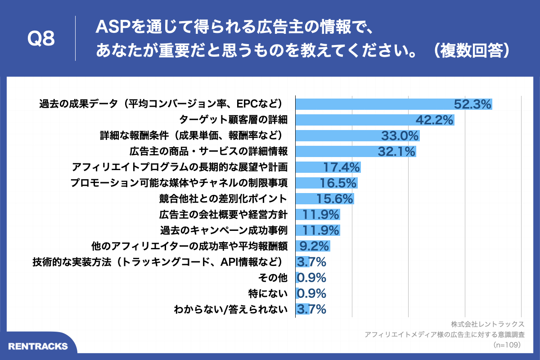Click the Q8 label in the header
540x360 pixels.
tap(41, 39)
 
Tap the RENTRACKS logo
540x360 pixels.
tap(38, 346)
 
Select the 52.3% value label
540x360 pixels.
tap(472, 104)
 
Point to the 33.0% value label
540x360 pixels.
tap(400, 136)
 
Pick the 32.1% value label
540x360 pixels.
tap(396, 152)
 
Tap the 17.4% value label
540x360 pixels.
tap(342, 167)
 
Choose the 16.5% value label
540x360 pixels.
tap(338, 183)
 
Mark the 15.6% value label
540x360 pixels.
tap(335, 199)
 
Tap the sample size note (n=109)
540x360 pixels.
tap(506, 345)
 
